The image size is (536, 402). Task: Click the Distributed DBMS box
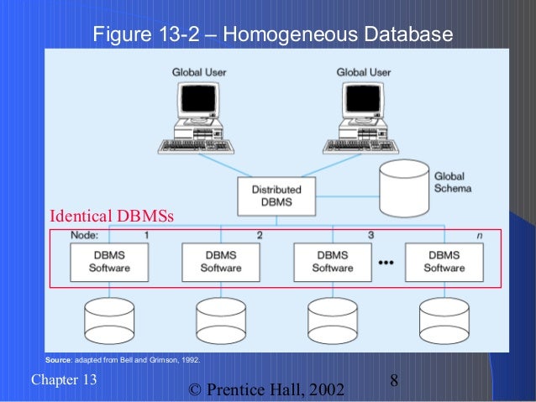click(x=276, y=196)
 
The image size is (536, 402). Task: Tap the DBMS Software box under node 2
click(x=220, y=261)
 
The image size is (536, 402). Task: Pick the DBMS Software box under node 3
click(x=332, y=261)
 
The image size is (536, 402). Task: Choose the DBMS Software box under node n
click(x=444, y=261)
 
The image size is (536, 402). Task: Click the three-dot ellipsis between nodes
click(x=387, y=262)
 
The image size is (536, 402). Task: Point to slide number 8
click(x=394, y=382)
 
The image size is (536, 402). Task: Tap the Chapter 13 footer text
click(x=64, y=379)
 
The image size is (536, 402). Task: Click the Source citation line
click(x=122, y=359)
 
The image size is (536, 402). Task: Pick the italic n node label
click(x=479, y=236)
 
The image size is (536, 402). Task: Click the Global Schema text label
click(x=452, y=182)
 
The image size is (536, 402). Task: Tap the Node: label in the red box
click(x=85, y=236)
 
